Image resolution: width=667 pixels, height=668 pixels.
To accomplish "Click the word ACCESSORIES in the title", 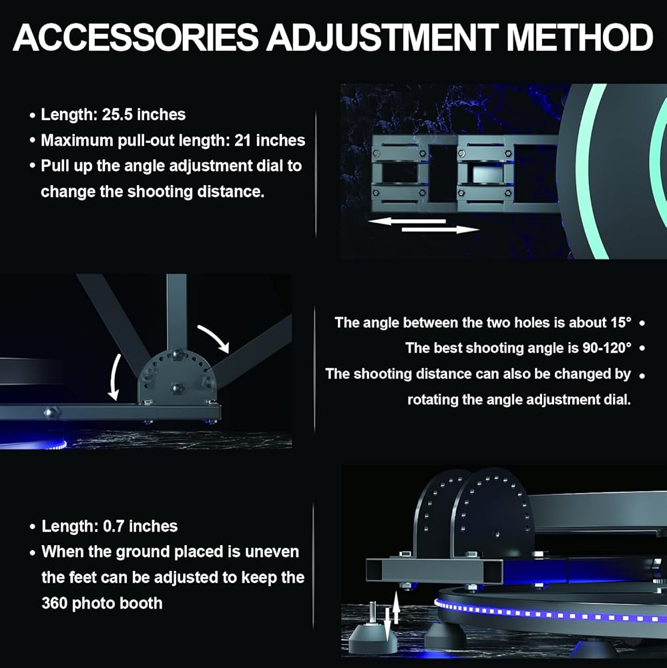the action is [x=134, y=37].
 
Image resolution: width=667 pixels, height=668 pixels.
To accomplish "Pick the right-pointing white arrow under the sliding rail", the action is [x=441, y=230].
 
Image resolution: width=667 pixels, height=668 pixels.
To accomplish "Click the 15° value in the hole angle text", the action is [x=619, y=323].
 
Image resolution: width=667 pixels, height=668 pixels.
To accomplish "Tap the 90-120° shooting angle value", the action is [x=605, y=348].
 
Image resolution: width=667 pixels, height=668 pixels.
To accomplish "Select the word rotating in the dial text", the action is [x=433, y=399].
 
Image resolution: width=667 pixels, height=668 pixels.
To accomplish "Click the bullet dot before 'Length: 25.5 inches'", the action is [x=32, y=116].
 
